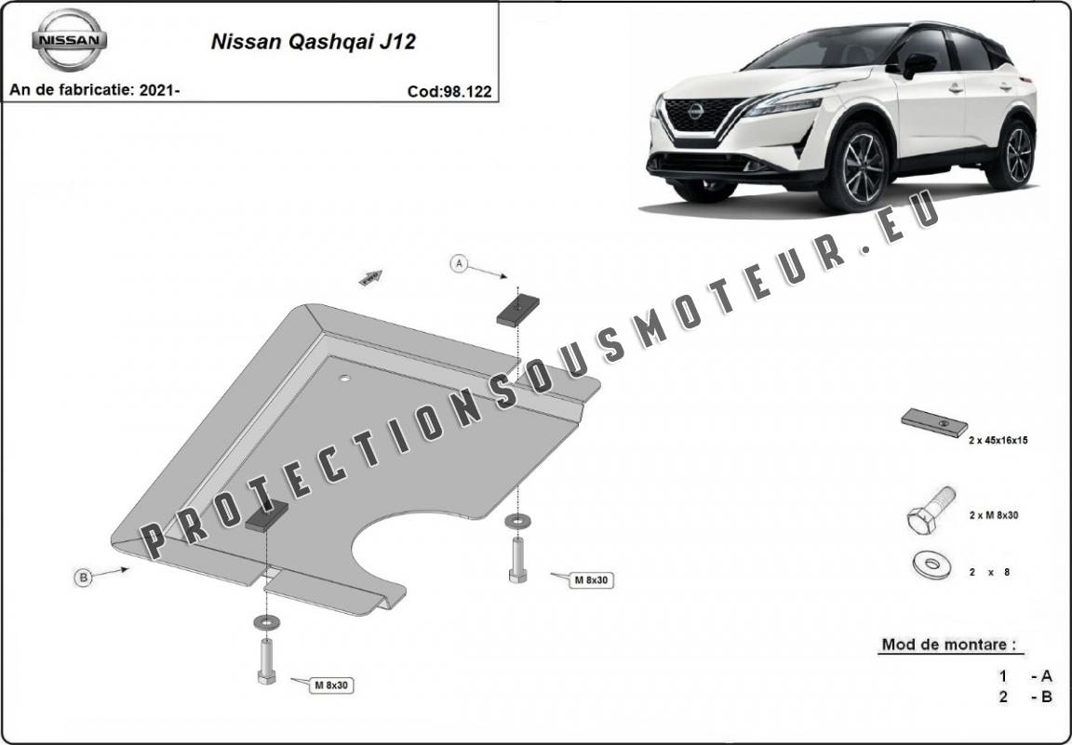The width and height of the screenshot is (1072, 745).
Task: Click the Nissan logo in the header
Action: tap(69, 40)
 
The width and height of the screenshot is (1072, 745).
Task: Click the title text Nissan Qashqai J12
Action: tap(313, 42)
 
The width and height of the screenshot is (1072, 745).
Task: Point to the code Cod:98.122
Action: tap(449, 91)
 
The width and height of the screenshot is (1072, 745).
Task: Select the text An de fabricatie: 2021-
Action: tap(94, 89)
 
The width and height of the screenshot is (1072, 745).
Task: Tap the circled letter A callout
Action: tap(459, 263)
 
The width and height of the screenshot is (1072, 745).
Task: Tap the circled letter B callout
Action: tap(83, 578)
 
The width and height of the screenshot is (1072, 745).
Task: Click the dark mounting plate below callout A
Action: tap(517, 311)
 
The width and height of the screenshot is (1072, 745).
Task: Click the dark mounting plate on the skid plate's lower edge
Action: tap(266, 515)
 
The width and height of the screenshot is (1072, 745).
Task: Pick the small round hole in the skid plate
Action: tap(344, 378)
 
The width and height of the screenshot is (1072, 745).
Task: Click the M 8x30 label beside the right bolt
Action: tap(591, 579)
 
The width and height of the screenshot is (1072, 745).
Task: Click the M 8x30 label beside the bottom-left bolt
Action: tap(331, 685)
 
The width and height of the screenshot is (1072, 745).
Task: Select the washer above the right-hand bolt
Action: tap(517, 521)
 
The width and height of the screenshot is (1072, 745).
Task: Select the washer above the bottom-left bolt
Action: tap(266, 622)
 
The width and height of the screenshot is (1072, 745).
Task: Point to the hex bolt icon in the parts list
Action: tap(931, 510)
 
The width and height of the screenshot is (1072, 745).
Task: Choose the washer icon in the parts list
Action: tap(931, 565)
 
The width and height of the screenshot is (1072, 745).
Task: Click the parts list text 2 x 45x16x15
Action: tap(998, 441)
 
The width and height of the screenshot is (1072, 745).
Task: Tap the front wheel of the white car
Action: tap(857, 166)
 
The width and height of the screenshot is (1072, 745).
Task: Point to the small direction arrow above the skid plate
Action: tap(370, 277)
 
